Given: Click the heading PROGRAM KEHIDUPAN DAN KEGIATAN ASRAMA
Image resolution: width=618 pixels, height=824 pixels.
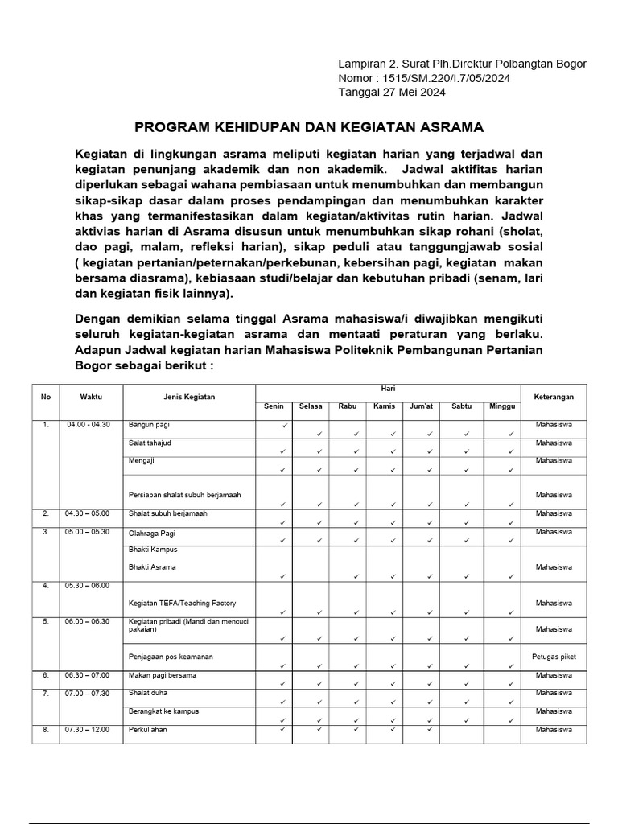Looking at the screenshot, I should pyautogui.click(x=309, y=127).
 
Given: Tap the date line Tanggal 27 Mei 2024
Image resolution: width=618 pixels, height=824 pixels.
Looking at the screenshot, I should pyautogui.click(x=392, y=92).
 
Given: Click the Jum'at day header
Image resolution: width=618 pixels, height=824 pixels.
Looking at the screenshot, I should pyautogui.click(x=421, y=406).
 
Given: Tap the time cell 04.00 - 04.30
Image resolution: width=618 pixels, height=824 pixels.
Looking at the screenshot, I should pyautogui.click(x=89, y=424).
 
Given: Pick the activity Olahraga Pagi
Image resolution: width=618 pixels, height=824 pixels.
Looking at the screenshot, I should pyautogui.click(x=152, y=533).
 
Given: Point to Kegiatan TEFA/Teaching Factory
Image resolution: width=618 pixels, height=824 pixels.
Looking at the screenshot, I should pyautogui.click(x=182, y=603).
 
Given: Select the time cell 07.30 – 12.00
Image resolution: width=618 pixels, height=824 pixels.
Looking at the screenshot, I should pyautogui.click(x=89, y=730).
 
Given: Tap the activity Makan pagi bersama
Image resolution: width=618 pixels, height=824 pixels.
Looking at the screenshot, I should pyautogui.click(x=163, y=674).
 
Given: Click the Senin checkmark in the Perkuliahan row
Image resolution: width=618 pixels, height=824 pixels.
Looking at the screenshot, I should pyautogui.click(x=283, y=730).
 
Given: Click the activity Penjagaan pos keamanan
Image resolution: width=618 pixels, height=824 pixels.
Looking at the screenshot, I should pyautogui.click(x=171, y=657).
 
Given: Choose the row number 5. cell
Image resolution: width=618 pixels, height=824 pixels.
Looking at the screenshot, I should pyautogui.click(x=46, y=621).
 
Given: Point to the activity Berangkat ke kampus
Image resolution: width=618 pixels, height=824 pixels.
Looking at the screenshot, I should pyautogui.click(x=163, y=711).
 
